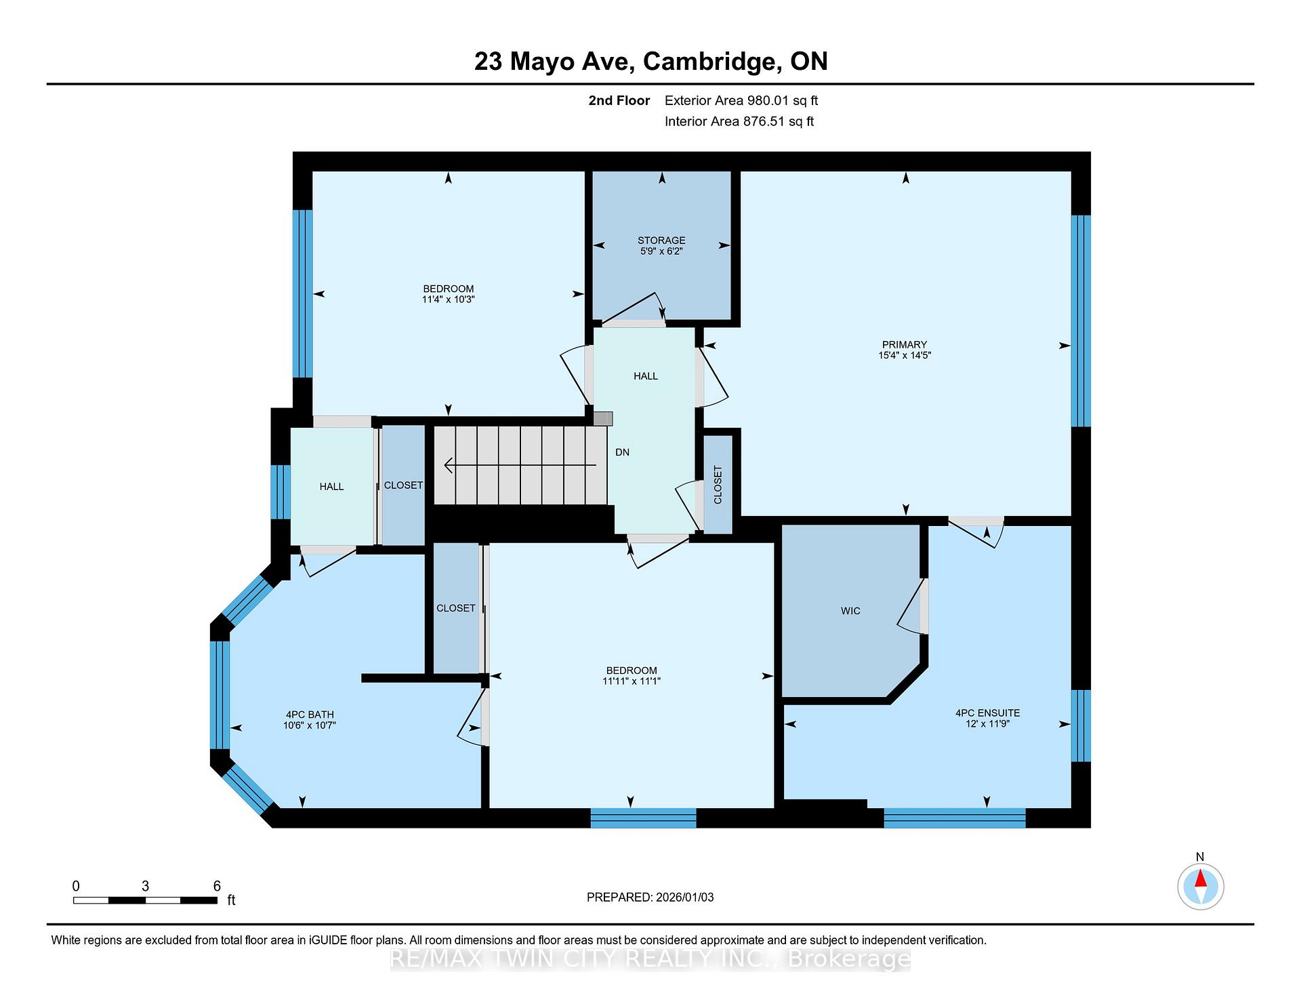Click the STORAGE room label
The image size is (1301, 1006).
pos(661,240)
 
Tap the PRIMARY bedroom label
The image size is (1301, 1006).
pos(905,344)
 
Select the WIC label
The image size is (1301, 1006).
pos(850,611)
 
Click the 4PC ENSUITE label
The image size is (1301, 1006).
pos(987,712)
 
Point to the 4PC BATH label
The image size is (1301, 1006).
pos(310,715)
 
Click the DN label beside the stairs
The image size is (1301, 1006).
pos(622,452)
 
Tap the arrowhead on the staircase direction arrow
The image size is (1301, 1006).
pos(449,465)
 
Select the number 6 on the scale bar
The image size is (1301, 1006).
pos(217,886)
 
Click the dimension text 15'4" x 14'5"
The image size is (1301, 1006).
pos(905,355)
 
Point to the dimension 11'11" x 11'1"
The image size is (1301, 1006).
pos(632,681)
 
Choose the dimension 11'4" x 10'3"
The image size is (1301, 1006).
pos(448,299)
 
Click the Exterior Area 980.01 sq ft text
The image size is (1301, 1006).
pos(741,100)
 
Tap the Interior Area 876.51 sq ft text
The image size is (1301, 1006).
pos(739,121)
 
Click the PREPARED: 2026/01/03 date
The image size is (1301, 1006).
pos(650,897)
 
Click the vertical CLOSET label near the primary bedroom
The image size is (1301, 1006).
pos(718,485)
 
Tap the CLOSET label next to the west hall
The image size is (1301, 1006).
pos(403,485)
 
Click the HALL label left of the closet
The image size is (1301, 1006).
pos(331,487)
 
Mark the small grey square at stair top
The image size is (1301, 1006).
pos(603,419)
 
